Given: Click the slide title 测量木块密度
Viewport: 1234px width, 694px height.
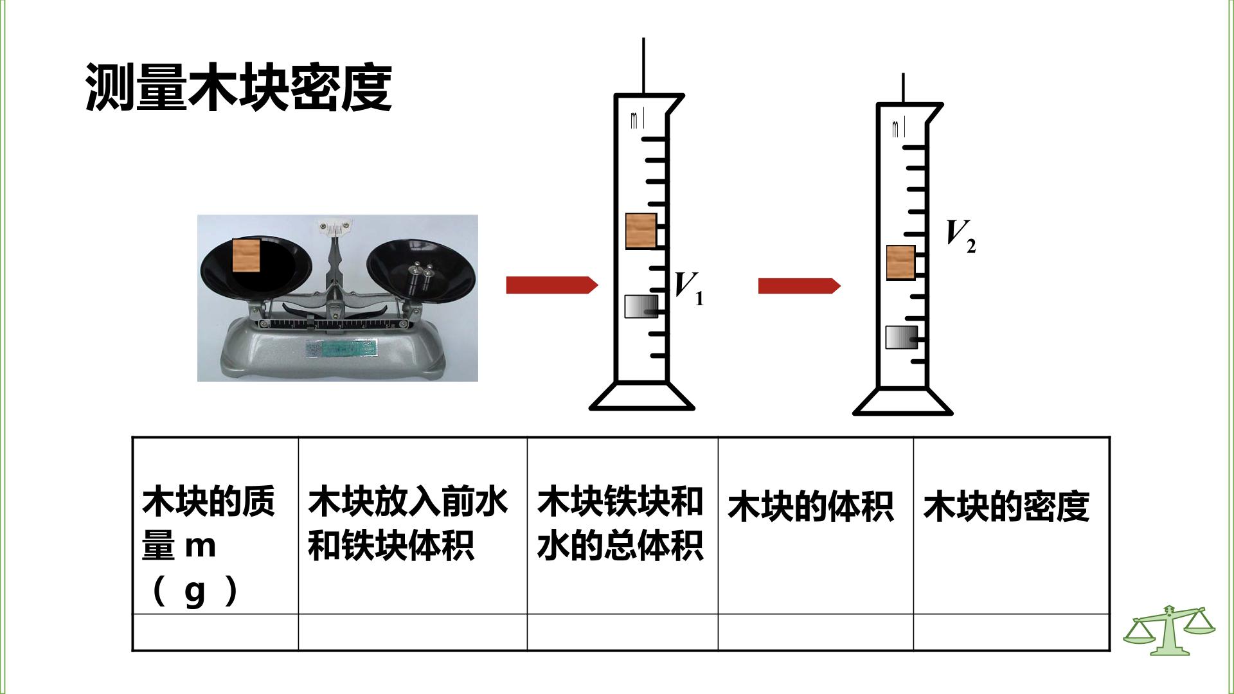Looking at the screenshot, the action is click(238, 88).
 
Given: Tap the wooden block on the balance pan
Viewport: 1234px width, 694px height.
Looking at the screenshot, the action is click(246, 256).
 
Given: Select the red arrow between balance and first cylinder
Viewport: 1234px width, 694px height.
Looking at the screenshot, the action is click(552, 285).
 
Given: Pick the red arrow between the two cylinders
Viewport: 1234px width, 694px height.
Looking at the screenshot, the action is click(799, 285).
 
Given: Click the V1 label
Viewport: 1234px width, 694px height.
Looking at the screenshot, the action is click(688, 288).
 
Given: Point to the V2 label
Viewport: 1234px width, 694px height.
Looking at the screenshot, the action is click(961, 236).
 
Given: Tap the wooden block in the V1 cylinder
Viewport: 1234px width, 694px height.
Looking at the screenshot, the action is click(641, 231).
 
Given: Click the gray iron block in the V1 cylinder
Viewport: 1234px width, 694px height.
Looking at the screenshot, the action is click(641, 306).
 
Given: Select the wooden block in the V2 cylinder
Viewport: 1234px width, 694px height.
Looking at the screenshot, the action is click(901, 262).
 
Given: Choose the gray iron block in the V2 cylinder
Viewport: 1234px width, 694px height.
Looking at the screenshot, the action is click(901, 337).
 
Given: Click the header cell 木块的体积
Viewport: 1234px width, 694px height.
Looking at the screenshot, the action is click(810, 506).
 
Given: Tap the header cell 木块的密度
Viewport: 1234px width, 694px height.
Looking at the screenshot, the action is click(1006, 506).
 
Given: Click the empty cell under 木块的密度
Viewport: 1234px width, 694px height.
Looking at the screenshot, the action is click(1011, 632).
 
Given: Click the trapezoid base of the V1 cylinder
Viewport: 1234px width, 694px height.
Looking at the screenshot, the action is click(642, 396).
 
